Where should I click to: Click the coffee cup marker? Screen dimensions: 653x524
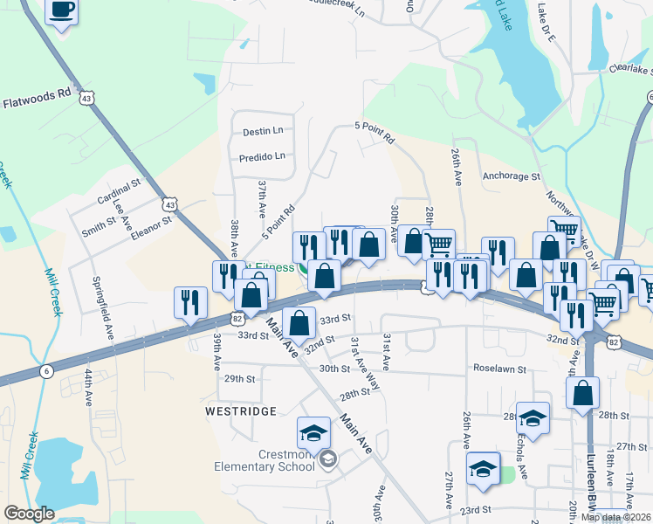[x=60, y=12]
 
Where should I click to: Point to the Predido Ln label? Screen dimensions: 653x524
[x=262, y=157]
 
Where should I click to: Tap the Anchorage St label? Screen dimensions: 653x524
[x=511, y=176]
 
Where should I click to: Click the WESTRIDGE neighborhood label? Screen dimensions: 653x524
[x=240, y=410]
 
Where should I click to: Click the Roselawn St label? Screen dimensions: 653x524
[x=498, y=369]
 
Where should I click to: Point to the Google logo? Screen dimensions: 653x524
[x=29, y=514]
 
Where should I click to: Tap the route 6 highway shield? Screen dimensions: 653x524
[x=46, y=371]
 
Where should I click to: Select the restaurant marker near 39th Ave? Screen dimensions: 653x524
[x=189, y=302]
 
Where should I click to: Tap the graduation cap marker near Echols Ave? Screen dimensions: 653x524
[x=533, y=417]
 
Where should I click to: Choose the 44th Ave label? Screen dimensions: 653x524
[x=89, y=386]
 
